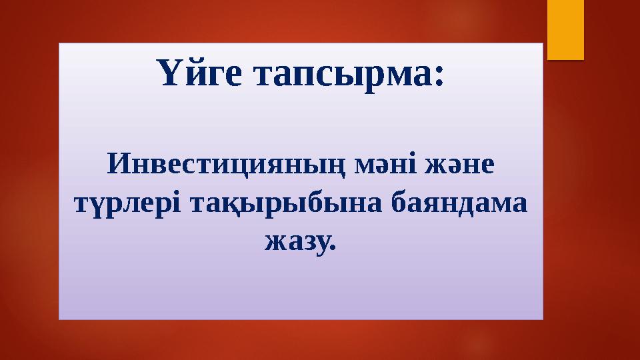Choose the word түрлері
[125, 203]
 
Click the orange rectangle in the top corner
[565, 28]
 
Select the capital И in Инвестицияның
[118, 164]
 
